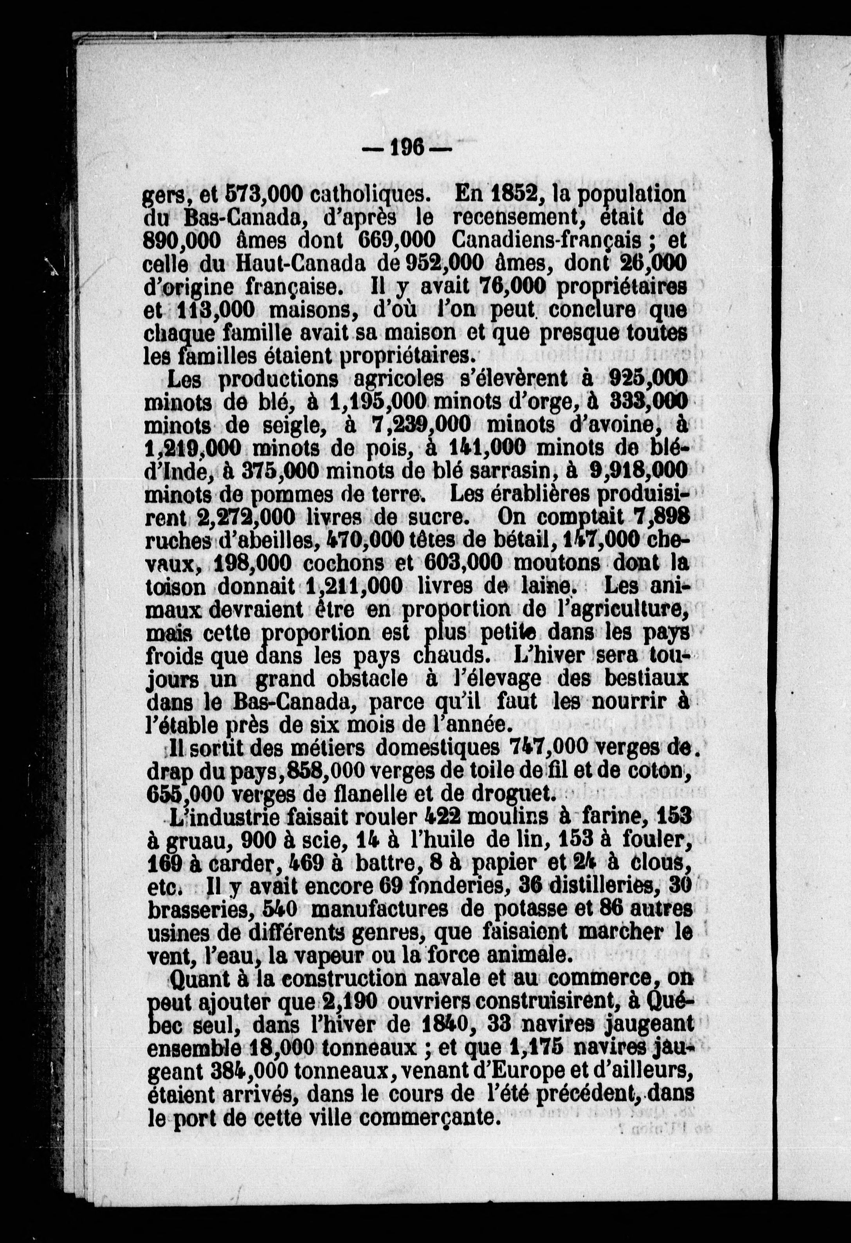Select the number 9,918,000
636,471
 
